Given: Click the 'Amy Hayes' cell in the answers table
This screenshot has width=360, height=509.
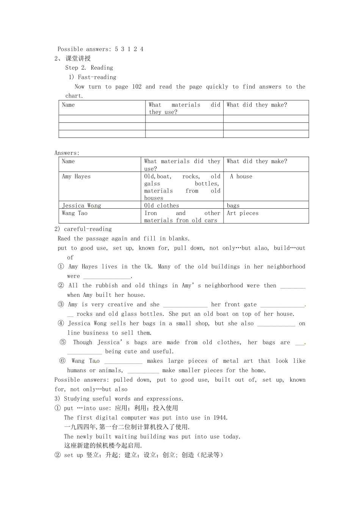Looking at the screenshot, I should click(76, 176).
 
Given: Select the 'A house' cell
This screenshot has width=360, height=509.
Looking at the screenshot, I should click(241, 176).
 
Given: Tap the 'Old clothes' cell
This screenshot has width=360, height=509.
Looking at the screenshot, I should click(161, 206).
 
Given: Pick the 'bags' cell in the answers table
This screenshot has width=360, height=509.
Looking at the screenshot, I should click(233, 206).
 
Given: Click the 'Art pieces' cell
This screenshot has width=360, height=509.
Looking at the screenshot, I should click(243, 213).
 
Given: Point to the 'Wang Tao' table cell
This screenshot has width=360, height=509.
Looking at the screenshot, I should click(75, 213).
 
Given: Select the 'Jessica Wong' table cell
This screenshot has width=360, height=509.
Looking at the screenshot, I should click(81, 206).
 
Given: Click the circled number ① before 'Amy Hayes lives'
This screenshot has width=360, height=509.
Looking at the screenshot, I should click(61, 267).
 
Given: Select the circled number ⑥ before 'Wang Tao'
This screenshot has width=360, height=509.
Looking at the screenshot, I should click(63, 361).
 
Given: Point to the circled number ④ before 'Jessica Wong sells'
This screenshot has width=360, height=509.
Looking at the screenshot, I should click(61, 323).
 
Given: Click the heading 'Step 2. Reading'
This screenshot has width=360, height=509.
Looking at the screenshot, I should click(89, 68).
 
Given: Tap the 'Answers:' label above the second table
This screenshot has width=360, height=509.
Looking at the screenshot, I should click(67, 153).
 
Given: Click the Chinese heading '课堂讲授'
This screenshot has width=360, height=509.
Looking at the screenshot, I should click(78, 58).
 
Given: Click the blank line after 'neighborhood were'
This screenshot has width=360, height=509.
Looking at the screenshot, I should click(107, 277).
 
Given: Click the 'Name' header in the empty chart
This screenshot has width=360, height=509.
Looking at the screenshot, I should click(69, 105).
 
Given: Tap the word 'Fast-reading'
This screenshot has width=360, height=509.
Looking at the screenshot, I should click(97, 77).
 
